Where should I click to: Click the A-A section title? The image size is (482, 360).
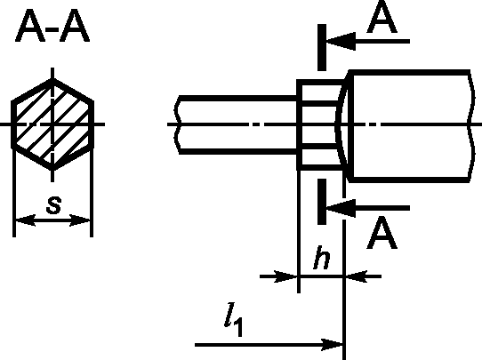pos(52,26)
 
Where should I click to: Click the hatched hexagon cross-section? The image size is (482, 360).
pos(52,124)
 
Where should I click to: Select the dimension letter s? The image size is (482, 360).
pos(53,204)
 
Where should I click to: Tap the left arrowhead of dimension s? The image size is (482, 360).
pos(25,220)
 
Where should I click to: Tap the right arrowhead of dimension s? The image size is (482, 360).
pos(80,220)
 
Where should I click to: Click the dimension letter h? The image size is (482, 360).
pos(322,258)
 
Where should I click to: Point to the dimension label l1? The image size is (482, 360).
pos(234,319)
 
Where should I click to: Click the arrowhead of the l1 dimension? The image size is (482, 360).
pos(332,345)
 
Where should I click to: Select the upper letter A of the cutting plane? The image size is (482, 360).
pos(382,18)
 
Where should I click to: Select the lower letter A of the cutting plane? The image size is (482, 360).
pos(382,233)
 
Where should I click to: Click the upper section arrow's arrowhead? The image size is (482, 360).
pos(341,41)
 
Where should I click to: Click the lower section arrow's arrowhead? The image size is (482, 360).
pos(341,208)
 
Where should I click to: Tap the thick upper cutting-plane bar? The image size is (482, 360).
pos(322,47)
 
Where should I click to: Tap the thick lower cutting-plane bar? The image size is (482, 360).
pos(322,202)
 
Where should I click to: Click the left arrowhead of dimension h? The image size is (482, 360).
pos(285,276)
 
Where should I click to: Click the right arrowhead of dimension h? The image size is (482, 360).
pos(357,276)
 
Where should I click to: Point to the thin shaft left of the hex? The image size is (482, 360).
pos(236,124)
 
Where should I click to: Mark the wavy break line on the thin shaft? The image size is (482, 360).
pos(177,124)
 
